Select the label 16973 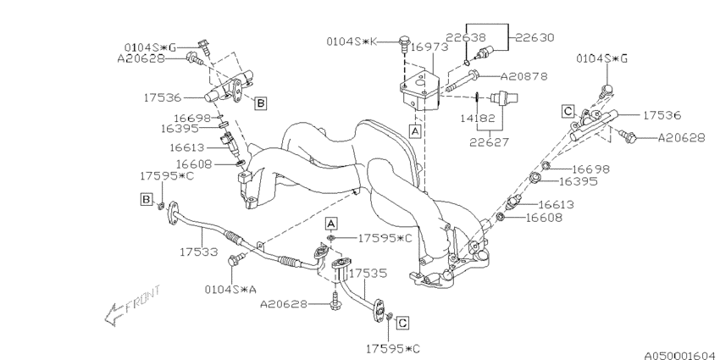pyautogui.click(x=429, y=48)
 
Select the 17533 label pyautogui.click(x=198, y=252)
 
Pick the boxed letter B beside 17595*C pyautogui.click(x=147, y=200)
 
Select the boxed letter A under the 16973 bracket pyautogui.click(x=414, y=131)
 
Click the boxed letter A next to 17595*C pyautogui.click(x=332, y=222)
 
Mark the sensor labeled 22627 pyautogui.click(x=508, y=94)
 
